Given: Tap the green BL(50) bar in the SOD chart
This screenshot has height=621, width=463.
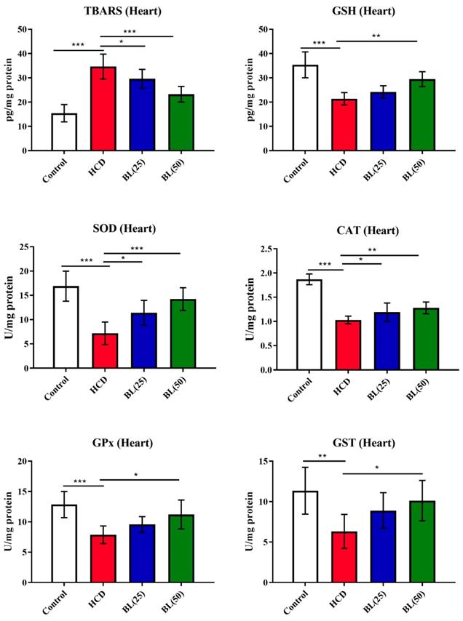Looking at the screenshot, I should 182,334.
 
